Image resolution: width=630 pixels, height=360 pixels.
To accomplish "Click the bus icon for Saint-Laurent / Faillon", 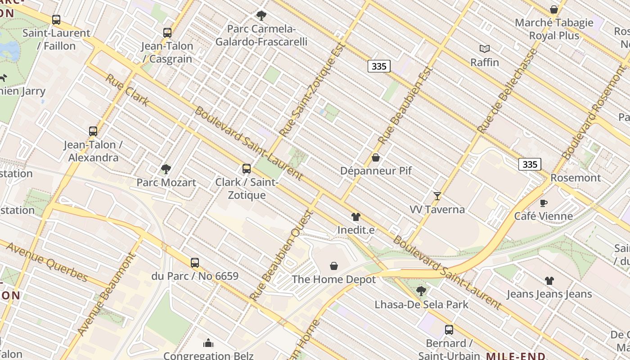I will [x=56, y=20].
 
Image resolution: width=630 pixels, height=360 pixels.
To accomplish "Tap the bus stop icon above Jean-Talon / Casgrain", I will [x=167, y=33].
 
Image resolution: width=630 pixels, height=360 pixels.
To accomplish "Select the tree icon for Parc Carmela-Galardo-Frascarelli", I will [x=261, y=16].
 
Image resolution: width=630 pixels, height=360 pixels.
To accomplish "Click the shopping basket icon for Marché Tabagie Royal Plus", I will [x=554, y=9].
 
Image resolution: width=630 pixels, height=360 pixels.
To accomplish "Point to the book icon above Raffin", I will [x=485, y=49].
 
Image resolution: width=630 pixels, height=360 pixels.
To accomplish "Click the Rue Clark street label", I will [x=127, y=90].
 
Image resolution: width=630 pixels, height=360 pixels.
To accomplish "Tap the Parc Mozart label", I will [x=166, y=182].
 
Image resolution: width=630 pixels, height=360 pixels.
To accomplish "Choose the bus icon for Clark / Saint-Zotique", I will [x=247, y=169].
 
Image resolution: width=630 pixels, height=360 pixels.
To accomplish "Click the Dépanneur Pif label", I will [x=376, y=171].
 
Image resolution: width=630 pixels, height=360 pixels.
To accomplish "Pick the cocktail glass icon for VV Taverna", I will [x=437, y=196].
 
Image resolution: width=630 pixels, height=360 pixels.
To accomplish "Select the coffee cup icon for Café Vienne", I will [x=544, y=203].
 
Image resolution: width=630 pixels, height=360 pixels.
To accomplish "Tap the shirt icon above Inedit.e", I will [x=356, y=217].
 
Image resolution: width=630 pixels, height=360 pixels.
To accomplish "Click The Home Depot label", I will [x=333, y=279].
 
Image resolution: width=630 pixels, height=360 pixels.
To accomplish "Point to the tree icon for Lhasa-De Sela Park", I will [x=421, y=291].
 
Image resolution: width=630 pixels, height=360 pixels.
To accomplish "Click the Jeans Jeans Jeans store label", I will [x=549, y=294].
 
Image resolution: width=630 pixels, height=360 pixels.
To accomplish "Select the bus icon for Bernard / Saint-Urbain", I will [x=449, y=330].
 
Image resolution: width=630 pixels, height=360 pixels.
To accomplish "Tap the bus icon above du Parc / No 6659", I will [x=195, y=262].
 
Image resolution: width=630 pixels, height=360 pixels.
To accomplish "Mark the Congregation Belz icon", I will [x=208, y=343].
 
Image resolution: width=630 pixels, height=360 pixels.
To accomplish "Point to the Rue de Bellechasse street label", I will [x=508, y=91].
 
